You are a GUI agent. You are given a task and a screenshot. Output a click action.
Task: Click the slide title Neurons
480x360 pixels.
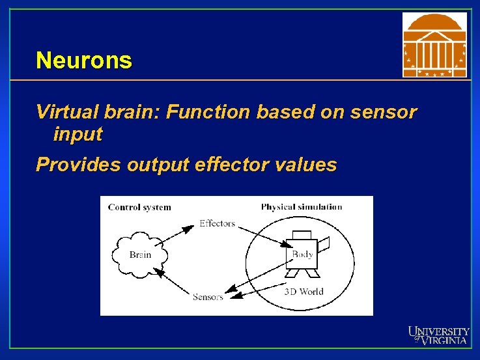(x=84, y=61)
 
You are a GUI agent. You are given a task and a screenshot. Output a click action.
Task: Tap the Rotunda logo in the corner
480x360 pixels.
(x=434, y=44)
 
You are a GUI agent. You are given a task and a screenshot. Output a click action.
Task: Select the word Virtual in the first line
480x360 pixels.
(x=63, y=113)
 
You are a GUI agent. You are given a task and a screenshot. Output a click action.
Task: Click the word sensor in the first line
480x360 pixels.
(x=384, y=113)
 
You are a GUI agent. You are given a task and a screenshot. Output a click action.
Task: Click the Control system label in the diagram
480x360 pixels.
(x=139, y=208)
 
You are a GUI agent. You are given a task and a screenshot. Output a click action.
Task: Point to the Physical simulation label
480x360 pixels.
(x=302, y=207)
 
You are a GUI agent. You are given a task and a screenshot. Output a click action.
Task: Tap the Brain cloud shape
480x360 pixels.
(x=139, y=255)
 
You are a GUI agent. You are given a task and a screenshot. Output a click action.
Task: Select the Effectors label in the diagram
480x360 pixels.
(x=217, y=223)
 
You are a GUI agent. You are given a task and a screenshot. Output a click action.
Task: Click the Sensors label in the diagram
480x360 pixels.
(x=208, y=297)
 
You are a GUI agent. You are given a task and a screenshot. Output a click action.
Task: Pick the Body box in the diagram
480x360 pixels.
(x=302, y=254)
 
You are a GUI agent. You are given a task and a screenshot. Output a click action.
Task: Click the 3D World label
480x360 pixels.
(x=304, y=291)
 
